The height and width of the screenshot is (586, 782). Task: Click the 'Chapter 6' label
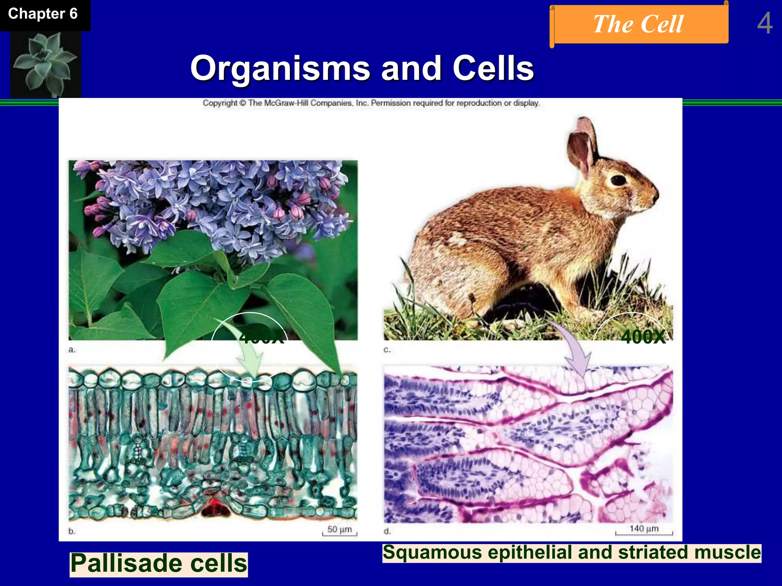[x=43, y=14]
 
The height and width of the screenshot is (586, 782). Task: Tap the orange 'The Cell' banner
[x=638, y=24]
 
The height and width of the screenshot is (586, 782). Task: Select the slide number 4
[x=764, y=24]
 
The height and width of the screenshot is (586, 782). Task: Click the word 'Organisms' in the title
[x=280, y=69]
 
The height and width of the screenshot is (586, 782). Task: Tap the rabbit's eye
[x=618, y=180]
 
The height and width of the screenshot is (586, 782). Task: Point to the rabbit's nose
[x=656, y=195]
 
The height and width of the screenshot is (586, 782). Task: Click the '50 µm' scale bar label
[x=339, y=530]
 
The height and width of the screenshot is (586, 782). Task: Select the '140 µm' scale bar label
[x=644, y=528]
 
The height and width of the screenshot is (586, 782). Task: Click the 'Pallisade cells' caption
[x=159, y=563]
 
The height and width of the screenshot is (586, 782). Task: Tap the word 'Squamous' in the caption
[x=432, y=553]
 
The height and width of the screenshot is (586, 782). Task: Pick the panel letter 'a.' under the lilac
[x=72, y=350]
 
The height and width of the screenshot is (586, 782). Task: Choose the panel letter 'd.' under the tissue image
[x=387, y=531]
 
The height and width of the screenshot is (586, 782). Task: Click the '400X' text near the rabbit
[x=643, y=337]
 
